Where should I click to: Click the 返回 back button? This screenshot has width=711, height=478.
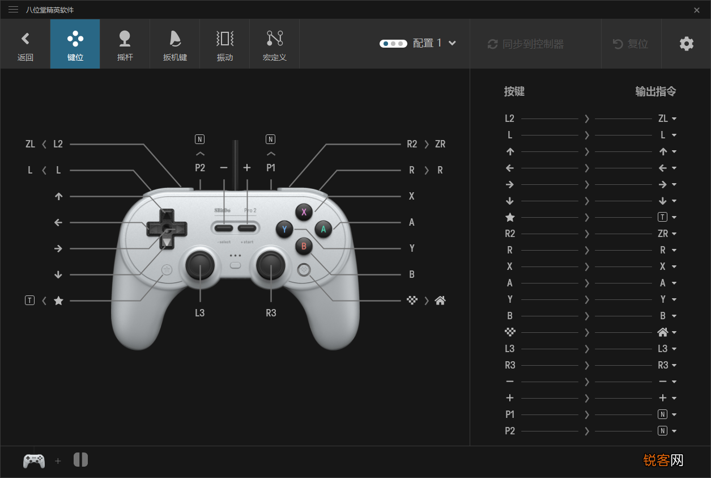[25, 44]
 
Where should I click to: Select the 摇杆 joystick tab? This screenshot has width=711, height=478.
[125, 44]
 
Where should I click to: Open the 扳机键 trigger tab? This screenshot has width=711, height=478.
[174, 44]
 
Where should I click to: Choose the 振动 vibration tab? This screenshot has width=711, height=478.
[224, 44]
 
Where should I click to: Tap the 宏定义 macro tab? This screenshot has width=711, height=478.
[275, 44]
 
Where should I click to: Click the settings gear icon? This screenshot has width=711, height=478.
[686, 44]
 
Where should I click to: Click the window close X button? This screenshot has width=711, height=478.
[697, 10]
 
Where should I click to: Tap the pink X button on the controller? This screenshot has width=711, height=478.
[304, 212]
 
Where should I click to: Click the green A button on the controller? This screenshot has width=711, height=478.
[323, 229]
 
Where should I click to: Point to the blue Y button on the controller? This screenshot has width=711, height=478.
[284, 229]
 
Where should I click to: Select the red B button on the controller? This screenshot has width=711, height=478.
[304, 246]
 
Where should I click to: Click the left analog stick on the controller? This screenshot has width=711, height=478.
[200, 265]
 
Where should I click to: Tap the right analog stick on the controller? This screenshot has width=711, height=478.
[271, 265]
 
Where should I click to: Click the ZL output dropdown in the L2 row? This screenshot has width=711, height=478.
[667, 119]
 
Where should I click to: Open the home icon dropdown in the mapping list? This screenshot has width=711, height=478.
[667, 332]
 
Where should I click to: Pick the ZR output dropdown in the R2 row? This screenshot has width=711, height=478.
[667, 234]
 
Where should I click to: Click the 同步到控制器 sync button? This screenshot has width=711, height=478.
[526, 44]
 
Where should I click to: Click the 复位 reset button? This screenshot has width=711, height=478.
[631, 44]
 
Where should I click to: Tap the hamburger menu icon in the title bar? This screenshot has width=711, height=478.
[14, 10]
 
